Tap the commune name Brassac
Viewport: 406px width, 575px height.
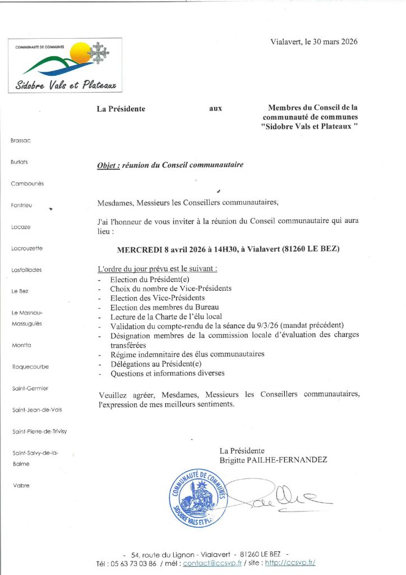(20, 140)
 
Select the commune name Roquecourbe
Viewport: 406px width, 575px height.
(30, 367)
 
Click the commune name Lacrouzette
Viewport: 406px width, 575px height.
(27, 248)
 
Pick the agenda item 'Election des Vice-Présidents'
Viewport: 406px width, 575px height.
(157, 298)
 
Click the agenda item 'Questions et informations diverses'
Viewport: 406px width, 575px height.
(167, 373)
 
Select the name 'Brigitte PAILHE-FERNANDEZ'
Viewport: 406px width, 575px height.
(273, 459)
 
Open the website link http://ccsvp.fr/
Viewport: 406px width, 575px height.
(290, 563)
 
